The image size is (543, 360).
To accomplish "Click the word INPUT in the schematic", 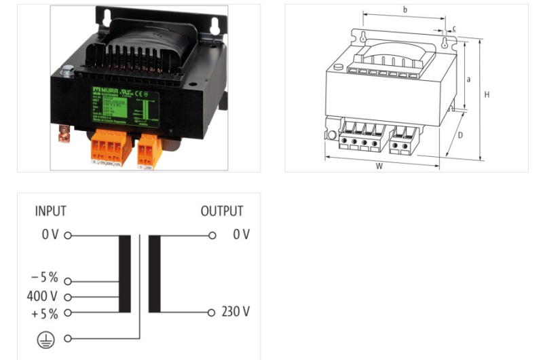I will point(51,211).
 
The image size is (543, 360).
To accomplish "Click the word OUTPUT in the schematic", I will point(221,211).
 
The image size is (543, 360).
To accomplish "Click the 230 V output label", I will point(236,312).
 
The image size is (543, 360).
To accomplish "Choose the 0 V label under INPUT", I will point(51,235).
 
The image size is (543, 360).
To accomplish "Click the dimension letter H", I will point(487,95).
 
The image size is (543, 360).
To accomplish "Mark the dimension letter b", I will point(405,10).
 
